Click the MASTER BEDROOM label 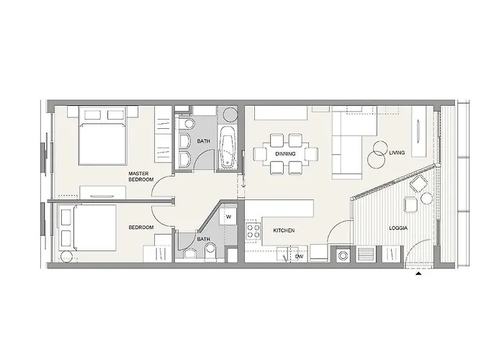[141, 176]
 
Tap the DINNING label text [285, 154]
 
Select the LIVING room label [397, 153]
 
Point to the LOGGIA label [398, 228]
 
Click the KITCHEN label [284, 230]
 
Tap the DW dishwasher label [300, 256]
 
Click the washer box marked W [228, 216]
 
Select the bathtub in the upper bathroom [228, 147]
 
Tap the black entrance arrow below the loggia [418, 274]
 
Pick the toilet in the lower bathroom [210, 251]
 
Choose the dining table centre [285, 154]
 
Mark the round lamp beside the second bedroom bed [66, 256]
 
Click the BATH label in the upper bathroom [204, 141]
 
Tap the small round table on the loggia [426, 198]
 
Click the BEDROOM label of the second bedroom [141, 228]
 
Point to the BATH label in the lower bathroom [204, 239]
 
